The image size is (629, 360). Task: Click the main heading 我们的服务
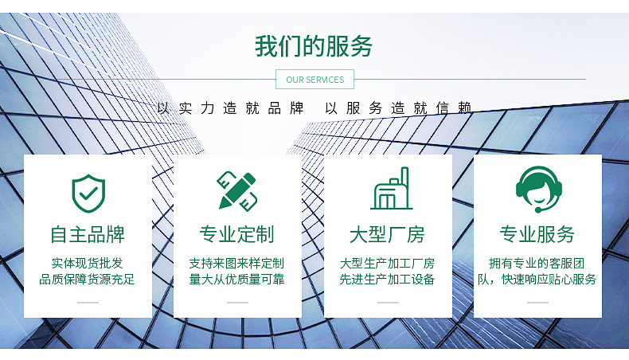click(314, 46)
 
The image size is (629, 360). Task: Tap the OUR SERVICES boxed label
click(314, 80)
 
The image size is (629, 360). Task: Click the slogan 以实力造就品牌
click(230, 108)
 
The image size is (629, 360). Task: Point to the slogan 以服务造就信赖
click(398, 108)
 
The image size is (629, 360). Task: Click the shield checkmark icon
click(88, 192)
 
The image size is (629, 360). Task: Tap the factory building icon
click(388, 190)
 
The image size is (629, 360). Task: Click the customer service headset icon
click(537, 190)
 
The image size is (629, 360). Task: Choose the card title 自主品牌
click(88, 234)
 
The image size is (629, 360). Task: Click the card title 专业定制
click(237, 234)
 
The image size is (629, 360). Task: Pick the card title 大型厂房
click(388, 234)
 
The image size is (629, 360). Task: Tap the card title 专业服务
click(537, 234)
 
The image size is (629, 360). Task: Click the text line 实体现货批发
click(88, 263)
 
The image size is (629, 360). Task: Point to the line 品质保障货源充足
click(88, 280)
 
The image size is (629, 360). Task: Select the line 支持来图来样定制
click(237, 263)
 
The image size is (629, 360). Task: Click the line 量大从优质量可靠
click(237, 280)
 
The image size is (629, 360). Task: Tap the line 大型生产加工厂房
click(388, 263)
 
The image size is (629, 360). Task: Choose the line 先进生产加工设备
click(388, 280)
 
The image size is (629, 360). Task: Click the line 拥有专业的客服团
click(537, 263)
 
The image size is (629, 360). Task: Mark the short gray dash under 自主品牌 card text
click(88, 303)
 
